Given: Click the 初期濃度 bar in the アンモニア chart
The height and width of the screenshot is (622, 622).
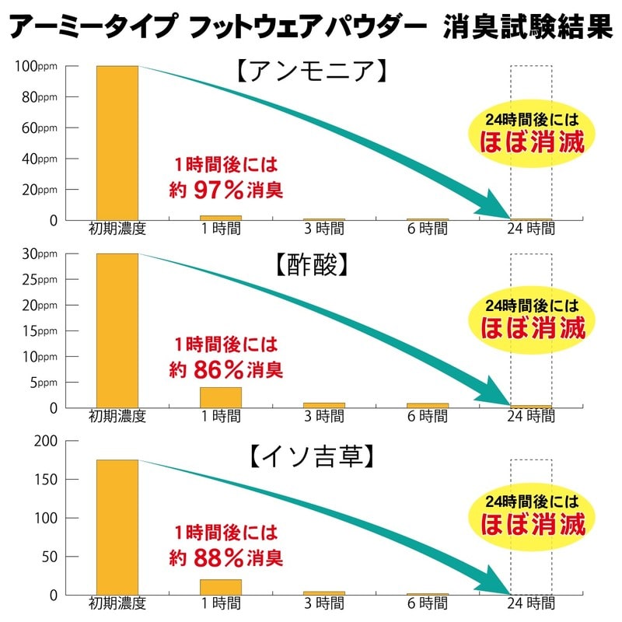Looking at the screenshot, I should pyautogui.click(x=117, y=143).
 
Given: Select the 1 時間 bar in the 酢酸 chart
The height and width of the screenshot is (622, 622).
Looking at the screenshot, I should pyautogui.click(x=221, y=397).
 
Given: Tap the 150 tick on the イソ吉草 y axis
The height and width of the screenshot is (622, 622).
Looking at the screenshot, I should pyautogui.click(x=46, y=479).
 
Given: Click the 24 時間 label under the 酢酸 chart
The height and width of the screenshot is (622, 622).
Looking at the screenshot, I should pyautogui.click(x=531, y=416).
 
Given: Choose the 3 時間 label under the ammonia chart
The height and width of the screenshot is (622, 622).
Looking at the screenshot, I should pyautogui.click(x=324, y=229).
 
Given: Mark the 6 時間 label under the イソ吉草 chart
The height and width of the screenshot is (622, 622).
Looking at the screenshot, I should pyautogui.click(x=428, y=603).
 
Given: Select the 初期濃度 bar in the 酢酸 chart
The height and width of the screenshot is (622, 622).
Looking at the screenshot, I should pyautogui.click(x=117, y=330).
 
